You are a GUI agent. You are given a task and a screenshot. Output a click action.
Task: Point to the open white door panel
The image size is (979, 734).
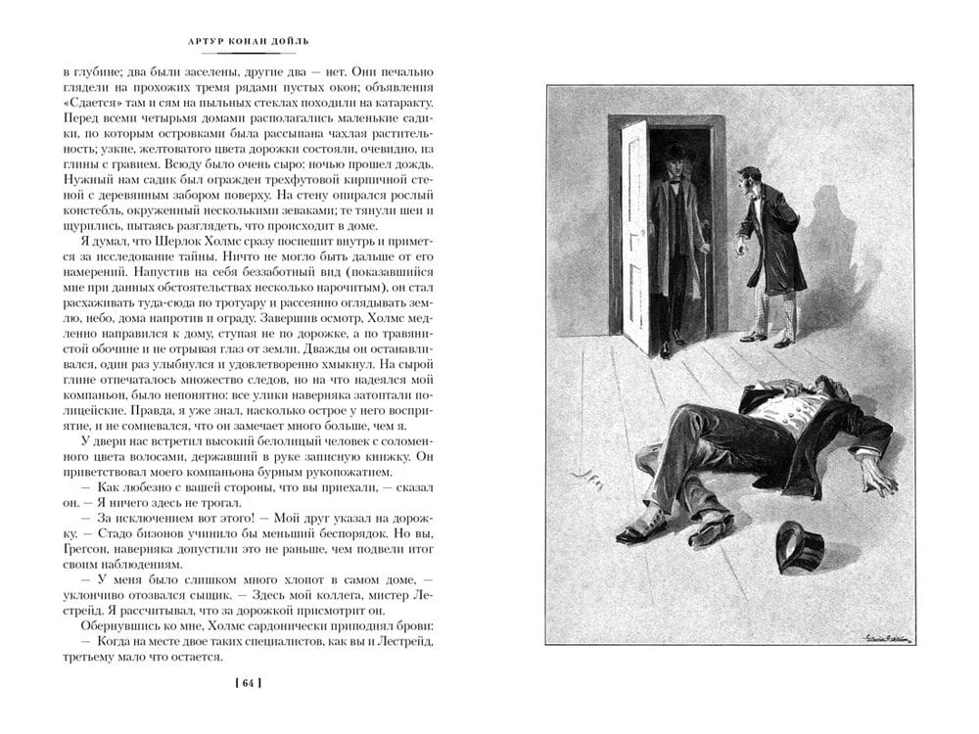634,235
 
